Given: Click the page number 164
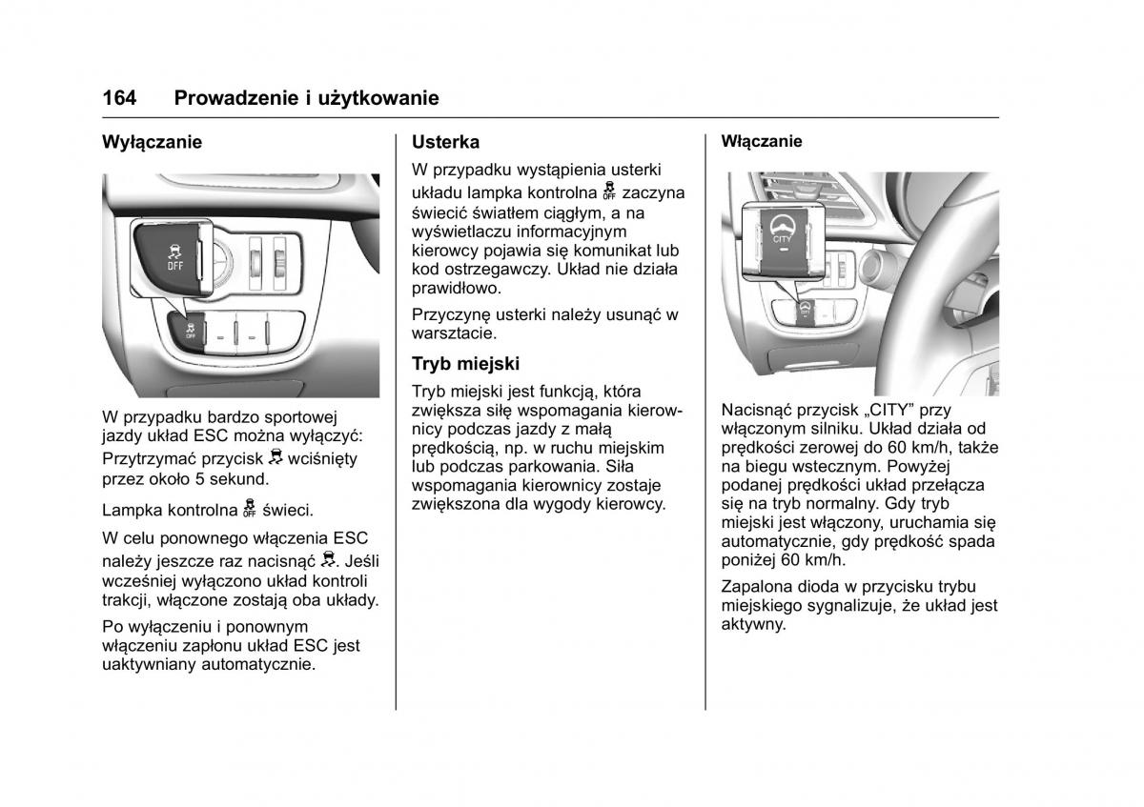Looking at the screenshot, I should [x=119, y=98].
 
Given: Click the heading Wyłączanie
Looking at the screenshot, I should [x=153, y=142].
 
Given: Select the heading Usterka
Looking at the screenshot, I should [x=445, y=142].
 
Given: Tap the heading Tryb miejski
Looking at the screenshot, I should [x=465, y=363].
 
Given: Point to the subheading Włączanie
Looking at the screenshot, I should [x=762, y=141].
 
